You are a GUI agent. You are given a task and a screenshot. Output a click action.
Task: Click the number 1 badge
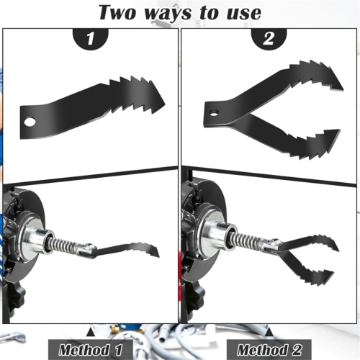pyautogui.click(x=91, y=38)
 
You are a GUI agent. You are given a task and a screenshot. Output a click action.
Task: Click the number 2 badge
pyautogui.click(x=269, y=38)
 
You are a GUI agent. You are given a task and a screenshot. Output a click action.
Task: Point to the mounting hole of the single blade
pyautogui.click(x=30, y=122)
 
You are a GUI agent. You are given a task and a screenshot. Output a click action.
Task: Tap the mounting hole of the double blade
pyautogui.click(x=214, y=112)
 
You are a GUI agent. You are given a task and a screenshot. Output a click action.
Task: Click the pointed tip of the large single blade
pyautogui.click(x=165, y=104)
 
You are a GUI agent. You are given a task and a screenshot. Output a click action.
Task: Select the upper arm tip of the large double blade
pyautogui.click(x=343, y=89)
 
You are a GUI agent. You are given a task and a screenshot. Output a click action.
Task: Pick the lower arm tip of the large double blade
pyautogui.click(x=339, y=130)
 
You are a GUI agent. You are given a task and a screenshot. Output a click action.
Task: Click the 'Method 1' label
pyautogui.click(x=91, y=350)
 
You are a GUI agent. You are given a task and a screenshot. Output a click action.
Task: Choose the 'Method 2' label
pyautogui.click(x=269, y=350)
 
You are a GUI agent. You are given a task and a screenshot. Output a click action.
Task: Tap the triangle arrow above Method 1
pyautogui.click(x=90, y=333)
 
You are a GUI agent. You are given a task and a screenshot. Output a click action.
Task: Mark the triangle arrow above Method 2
pyautogui.click(x=269, y=333)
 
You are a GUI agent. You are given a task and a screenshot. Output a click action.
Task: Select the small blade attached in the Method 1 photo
pyautogui.click(x=127, y=251)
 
